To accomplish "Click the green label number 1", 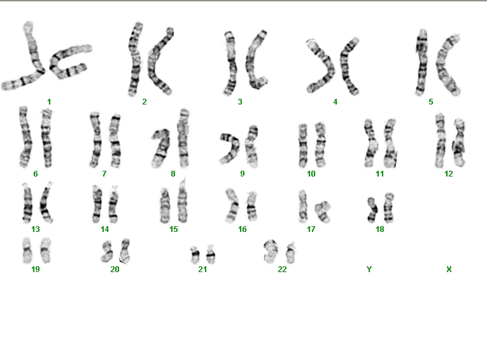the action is pos(49,102).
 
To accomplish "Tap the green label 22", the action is pos(282,270).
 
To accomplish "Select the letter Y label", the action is pos(369,270).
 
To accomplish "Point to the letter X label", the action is pos(449,270).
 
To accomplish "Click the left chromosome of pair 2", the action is pos(135,59).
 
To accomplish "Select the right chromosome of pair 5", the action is pos(445,65).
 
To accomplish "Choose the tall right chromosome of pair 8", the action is pos(183,138).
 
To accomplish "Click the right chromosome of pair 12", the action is pos(459,142).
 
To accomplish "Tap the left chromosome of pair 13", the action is pos(27,203).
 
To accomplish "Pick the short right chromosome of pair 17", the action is pos(322,212).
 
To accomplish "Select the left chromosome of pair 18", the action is pos(372,210).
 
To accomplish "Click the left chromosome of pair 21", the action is pos(195,255).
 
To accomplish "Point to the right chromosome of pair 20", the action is pos(125,250).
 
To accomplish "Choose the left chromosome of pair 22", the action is pos(269,251).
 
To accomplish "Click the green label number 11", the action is pos(380,174).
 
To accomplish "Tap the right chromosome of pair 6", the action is pos(46,138).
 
